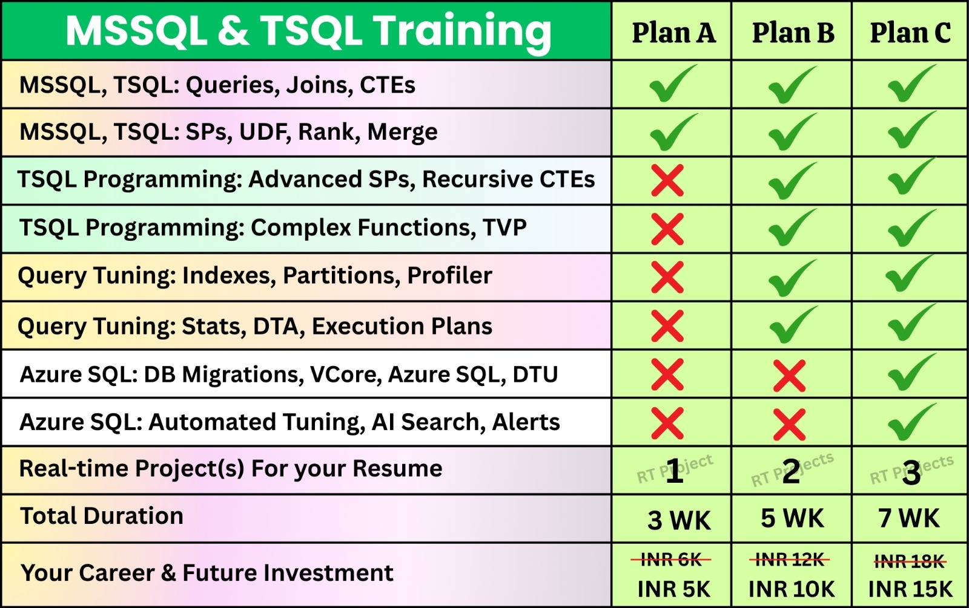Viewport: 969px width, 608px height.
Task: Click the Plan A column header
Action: pos(673,33)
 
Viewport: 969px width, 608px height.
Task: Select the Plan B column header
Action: pos(793,33)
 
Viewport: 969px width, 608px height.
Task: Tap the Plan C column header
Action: pos(910,33)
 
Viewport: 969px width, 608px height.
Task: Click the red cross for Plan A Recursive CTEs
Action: pos(667,180)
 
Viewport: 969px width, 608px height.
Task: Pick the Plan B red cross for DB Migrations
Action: pos(790,376)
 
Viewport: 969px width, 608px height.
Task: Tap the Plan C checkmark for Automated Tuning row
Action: pos(911,423)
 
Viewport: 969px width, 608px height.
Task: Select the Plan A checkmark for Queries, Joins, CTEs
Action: pos(673,83)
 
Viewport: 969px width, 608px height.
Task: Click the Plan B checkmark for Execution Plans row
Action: pos(793,325)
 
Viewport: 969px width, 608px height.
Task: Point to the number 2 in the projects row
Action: pos(791,471)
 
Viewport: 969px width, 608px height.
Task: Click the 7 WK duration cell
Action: pos(909,518)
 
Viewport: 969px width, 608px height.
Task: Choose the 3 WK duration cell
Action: pos(679,520)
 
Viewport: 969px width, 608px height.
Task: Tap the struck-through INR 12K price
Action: pos(790,560)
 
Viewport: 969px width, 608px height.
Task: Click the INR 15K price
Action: pos(910,589)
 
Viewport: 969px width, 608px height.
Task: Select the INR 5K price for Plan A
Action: pos(674,589)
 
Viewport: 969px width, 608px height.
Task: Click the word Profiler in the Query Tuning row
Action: pos(449,275)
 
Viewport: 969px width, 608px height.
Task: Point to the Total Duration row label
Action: pos(102,516)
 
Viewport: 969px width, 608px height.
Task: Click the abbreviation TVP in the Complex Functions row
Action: pos(505,227)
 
